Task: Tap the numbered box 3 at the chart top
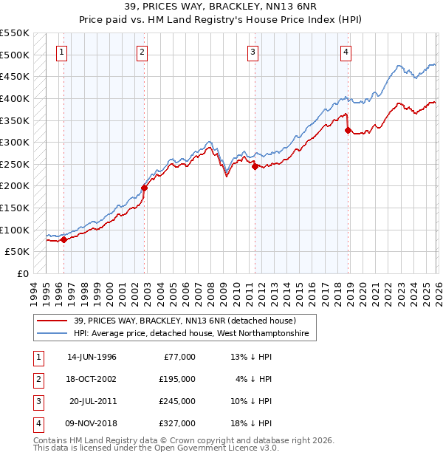(x=253, y=52)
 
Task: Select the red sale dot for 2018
(x=348, y=130)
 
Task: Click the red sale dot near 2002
(x=144, y=188)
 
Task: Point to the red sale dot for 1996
(x=64, y=239)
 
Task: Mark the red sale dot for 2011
(x=255, y=166)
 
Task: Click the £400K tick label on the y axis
(x=15, y=98)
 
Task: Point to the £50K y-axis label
(x=18, y=252)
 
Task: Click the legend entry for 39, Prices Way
(x=185, y=321)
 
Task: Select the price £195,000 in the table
(x=177, y=379)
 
